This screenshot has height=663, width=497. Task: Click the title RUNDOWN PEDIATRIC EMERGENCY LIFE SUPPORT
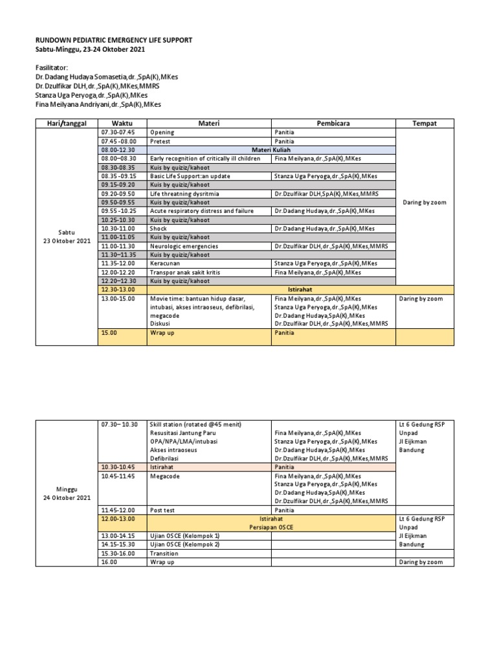114,40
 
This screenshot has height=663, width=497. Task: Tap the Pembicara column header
333,123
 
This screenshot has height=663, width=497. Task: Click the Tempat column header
425,123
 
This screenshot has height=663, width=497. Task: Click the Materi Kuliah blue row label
271,150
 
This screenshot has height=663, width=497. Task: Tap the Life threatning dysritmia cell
185,194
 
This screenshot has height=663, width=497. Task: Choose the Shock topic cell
159,229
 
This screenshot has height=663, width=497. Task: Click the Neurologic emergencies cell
184,246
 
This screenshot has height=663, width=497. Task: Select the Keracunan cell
166,264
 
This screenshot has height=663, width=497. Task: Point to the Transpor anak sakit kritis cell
185,273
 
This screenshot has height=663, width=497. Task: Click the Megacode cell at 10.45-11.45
164,476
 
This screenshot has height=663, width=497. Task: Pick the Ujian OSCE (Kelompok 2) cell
184,545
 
